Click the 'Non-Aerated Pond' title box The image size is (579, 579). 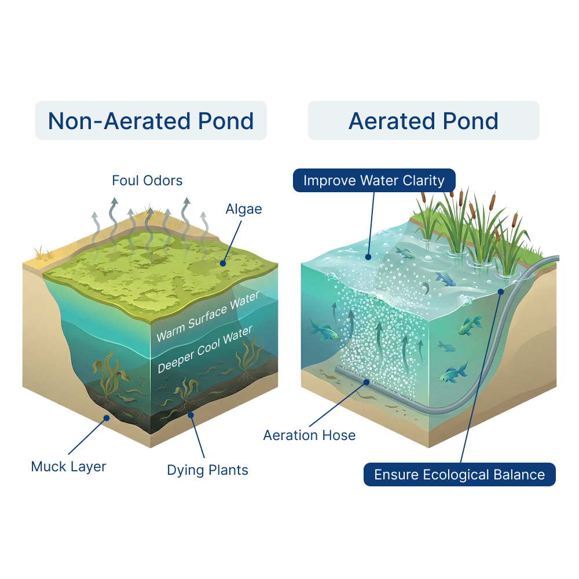[x=151, y=120]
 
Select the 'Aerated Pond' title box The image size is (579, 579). [x=423, y=120]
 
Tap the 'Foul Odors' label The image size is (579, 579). [x=147, y=181]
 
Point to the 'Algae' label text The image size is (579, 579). [x=243, y=209]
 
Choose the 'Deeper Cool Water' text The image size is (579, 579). [x=205, y=349]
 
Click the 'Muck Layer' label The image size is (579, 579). [x=69, y=466]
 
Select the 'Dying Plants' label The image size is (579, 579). [x=207, y=470]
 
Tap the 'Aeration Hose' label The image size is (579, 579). [x=309, y=435]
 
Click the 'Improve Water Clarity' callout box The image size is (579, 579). [x=374, y=180]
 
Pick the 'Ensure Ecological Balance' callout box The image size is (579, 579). [x=459, y=475]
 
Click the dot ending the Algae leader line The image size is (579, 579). [x=222, y=263]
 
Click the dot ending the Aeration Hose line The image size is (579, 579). [x=367, y=381]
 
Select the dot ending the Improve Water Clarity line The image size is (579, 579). [x=369, y=256]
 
